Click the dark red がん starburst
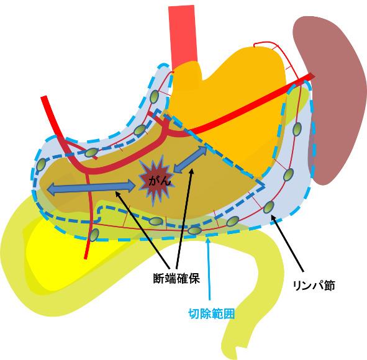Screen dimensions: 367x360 (156, 181)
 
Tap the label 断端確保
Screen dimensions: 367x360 (176, 279)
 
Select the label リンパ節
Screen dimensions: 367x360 (314, 286)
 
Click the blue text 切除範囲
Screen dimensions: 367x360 (211, 313)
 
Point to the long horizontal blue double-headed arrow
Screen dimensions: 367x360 (91, 187)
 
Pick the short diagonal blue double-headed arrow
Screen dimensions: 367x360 (190, 160)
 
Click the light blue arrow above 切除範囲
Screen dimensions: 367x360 (208, 269)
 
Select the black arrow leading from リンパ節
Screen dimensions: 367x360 (287, 243)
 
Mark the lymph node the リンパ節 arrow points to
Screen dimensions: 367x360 (269, 207)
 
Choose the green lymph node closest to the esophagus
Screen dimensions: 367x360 (154, 96)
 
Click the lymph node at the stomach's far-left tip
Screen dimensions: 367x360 (41, 165)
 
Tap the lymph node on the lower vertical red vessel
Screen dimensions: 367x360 (94, 235)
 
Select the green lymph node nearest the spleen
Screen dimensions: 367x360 (297, 129)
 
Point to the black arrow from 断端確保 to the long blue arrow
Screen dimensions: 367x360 (143, 230)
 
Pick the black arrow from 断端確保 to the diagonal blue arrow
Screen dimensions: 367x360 (184, 218)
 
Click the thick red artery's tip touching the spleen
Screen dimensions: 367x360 (313, 75)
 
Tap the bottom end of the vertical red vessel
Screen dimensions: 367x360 (86, 258)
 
